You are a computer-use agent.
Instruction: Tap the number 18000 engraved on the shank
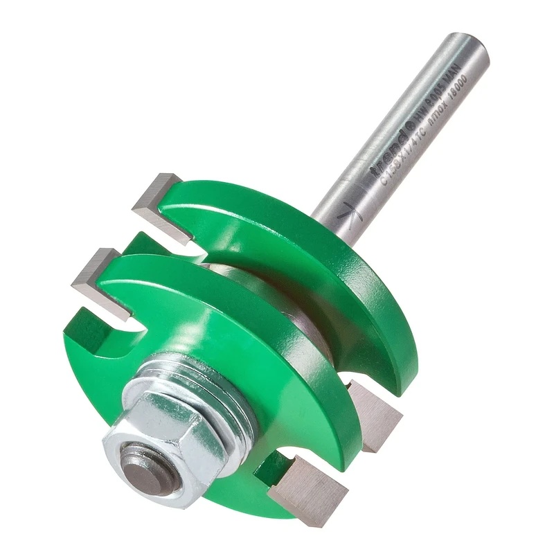click(457, 88)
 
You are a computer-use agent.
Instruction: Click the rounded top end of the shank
click(468, 48)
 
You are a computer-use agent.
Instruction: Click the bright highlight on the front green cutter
click(208, 305)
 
